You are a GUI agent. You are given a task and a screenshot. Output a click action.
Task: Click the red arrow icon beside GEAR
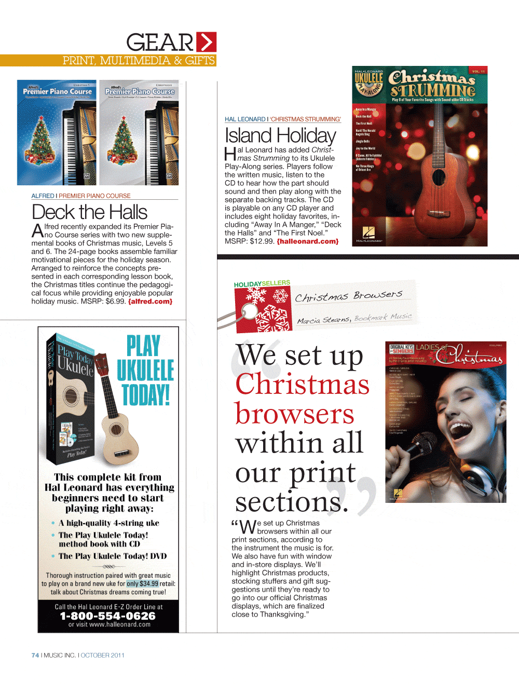(x=207, y=42)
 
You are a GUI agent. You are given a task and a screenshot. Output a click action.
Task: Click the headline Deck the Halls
(x=89, y=212)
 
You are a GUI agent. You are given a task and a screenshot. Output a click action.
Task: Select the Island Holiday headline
(x=280, y=136)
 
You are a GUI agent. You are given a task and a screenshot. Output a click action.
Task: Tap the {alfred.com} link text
(x=150, y=302)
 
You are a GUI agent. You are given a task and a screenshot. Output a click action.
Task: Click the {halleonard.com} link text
(x=307, y=241)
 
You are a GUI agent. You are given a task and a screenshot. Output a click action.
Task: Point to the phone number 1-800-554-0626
(x=108, y=616)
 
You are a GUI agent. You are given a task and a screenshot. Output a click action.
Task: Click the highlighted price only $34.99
(x=143, y=584)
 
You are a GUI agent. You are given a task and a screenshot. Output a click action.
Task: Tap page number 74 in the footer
(x=35, y=655)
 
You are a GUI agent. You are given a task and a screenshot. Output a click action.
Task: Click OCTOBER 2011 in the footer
(x=102, y=655)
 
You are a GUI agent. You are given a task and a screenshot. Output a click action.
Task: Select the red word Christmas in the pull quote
(x=302, y=385)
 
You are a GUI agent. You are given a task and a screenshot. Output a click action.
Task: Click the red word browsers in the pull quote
(x=294, y=414)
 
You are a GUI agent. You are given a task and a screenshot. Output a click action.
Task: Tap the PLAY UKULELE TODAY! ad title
(x=145, y=370)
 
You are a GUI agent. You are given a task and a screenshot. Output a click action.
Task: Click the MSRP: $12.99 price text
(x=249, y=241)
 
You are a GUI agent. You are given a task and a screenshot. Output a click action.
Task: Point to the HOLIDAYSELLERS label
(x=262, y=284)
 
